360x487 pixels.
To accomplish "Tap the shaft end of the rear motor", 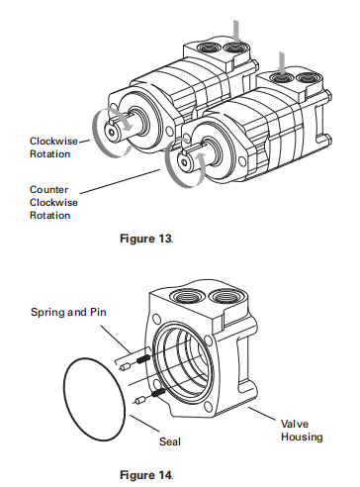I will click(x=123, y=128).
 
